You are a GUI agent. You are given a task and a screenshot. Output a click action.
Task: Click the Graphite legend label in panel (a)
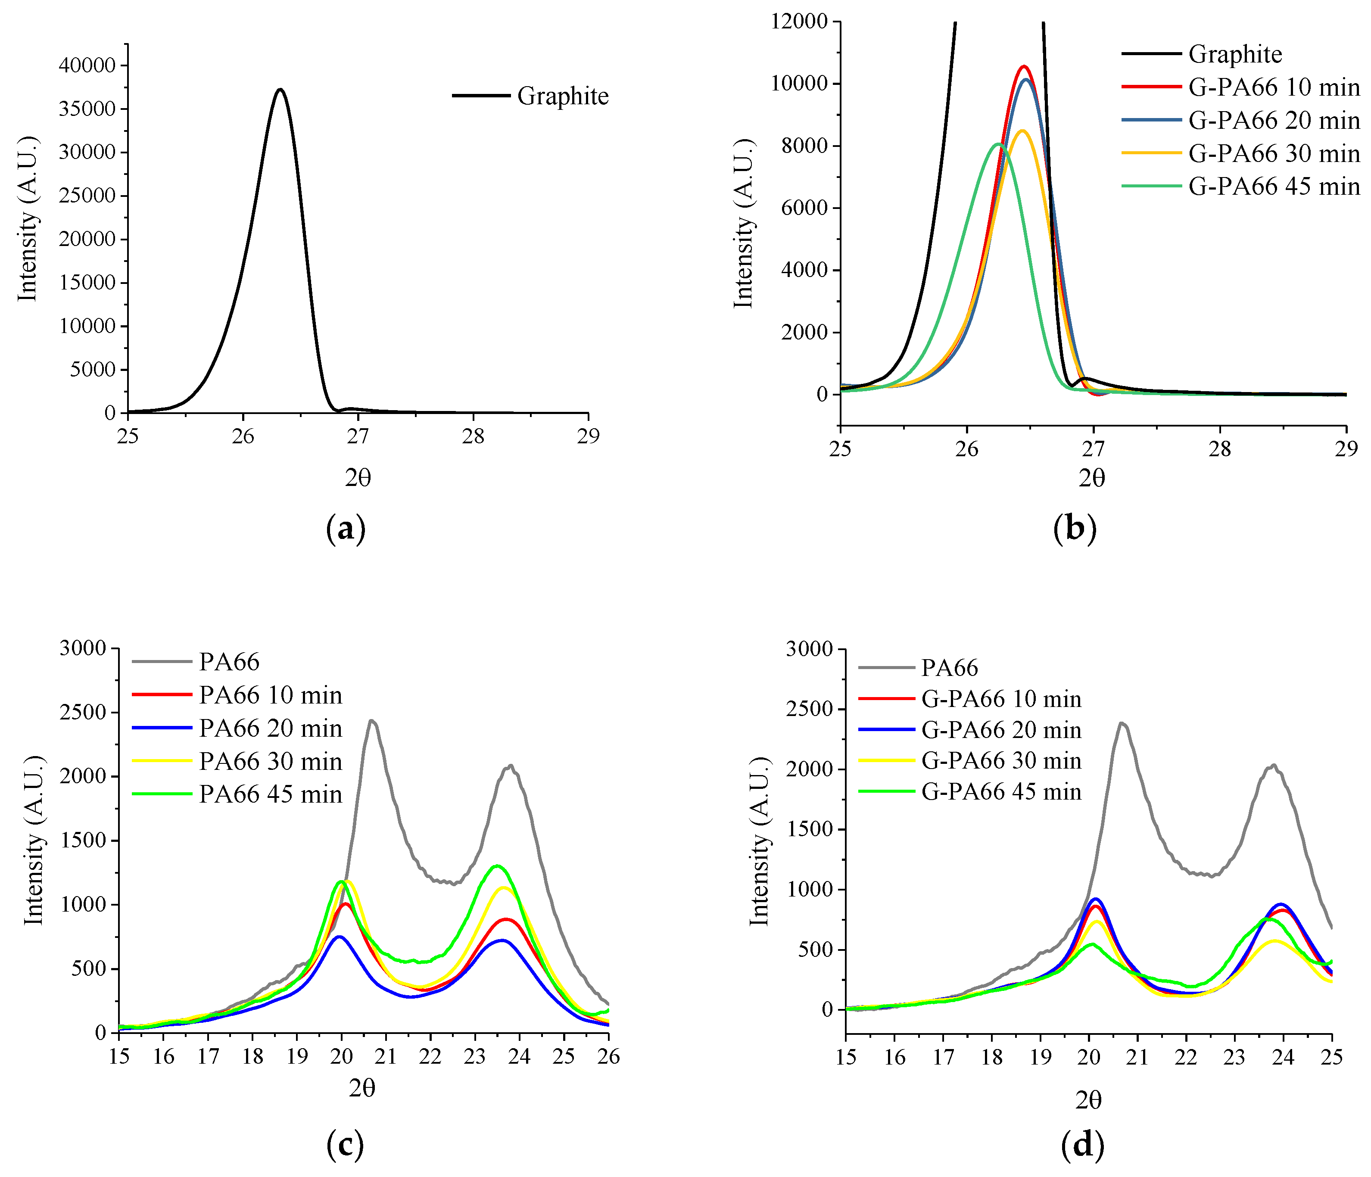(562, 97)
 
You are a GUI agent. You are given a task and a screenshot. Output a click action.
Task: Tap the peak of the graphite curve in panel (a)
(280, 89)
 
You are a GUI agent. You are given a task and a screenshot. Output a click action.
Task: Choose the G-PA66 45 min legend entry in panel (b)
(1273, 187)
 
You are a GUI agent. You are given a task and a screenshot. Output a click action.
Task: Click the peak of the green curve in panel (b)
(998, 143)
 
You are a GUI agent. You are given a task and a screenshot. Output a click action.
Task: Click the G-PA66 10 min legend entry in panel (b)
(1273, 87)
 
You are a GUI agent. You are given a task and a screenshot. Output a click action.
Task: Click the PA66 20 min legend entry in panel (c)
(270, 729)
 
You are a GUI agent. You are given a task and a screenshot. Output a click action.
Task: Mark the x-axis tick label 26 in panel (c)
(608, 1057)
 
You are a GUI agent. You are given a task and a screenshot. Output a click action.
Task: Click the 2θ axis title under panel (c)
(362, 1088)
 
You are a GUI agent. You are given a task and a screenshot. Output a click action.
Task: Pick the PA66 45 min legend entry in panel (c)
(270, 794)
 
